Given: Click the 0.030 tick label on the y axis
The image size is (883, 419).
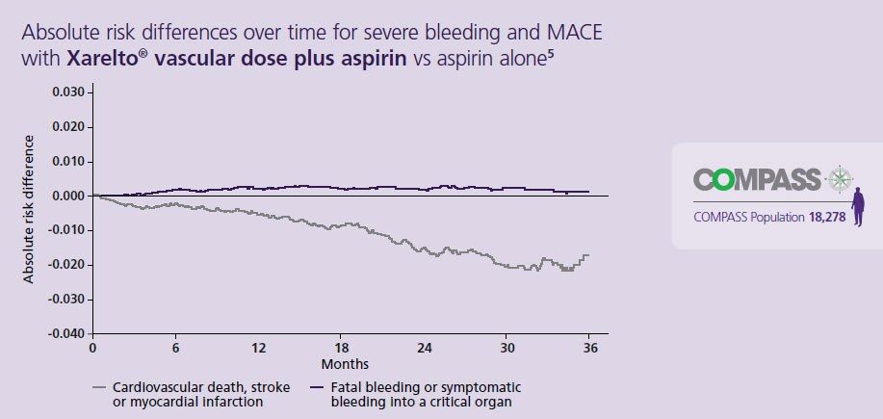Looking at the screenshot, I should [x=67, y=92].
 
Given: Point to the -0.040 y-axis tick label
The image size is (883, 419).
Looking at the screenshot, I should [x=65, y=334].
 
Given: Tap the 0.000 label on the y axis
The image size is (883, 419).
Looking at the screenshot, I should [x=67, y=196].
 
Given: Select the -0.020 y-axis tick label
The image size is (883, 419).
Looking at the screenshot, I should [x=65, y=265].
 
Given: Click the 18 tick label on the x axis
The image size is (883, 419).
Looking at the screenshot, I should [x=341, y=349].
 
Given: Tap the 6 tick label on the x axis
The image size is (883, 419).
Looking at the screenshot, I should [x=175, y=349].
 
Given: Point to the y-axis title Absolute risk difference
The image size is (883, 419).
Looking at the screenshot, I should [x=28, y=209].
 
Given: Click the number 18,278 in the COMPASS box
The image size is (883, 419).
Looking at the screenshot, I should [x=827, y=217].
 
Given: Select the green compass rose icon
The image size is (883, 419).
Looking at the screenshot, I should [x=841, y=179].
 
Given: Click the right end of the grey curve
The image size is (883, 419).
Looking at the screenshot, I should [x=587, y=255].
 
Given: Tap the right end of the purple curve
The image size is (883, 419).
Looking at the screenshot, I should [x=588, y=192].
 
